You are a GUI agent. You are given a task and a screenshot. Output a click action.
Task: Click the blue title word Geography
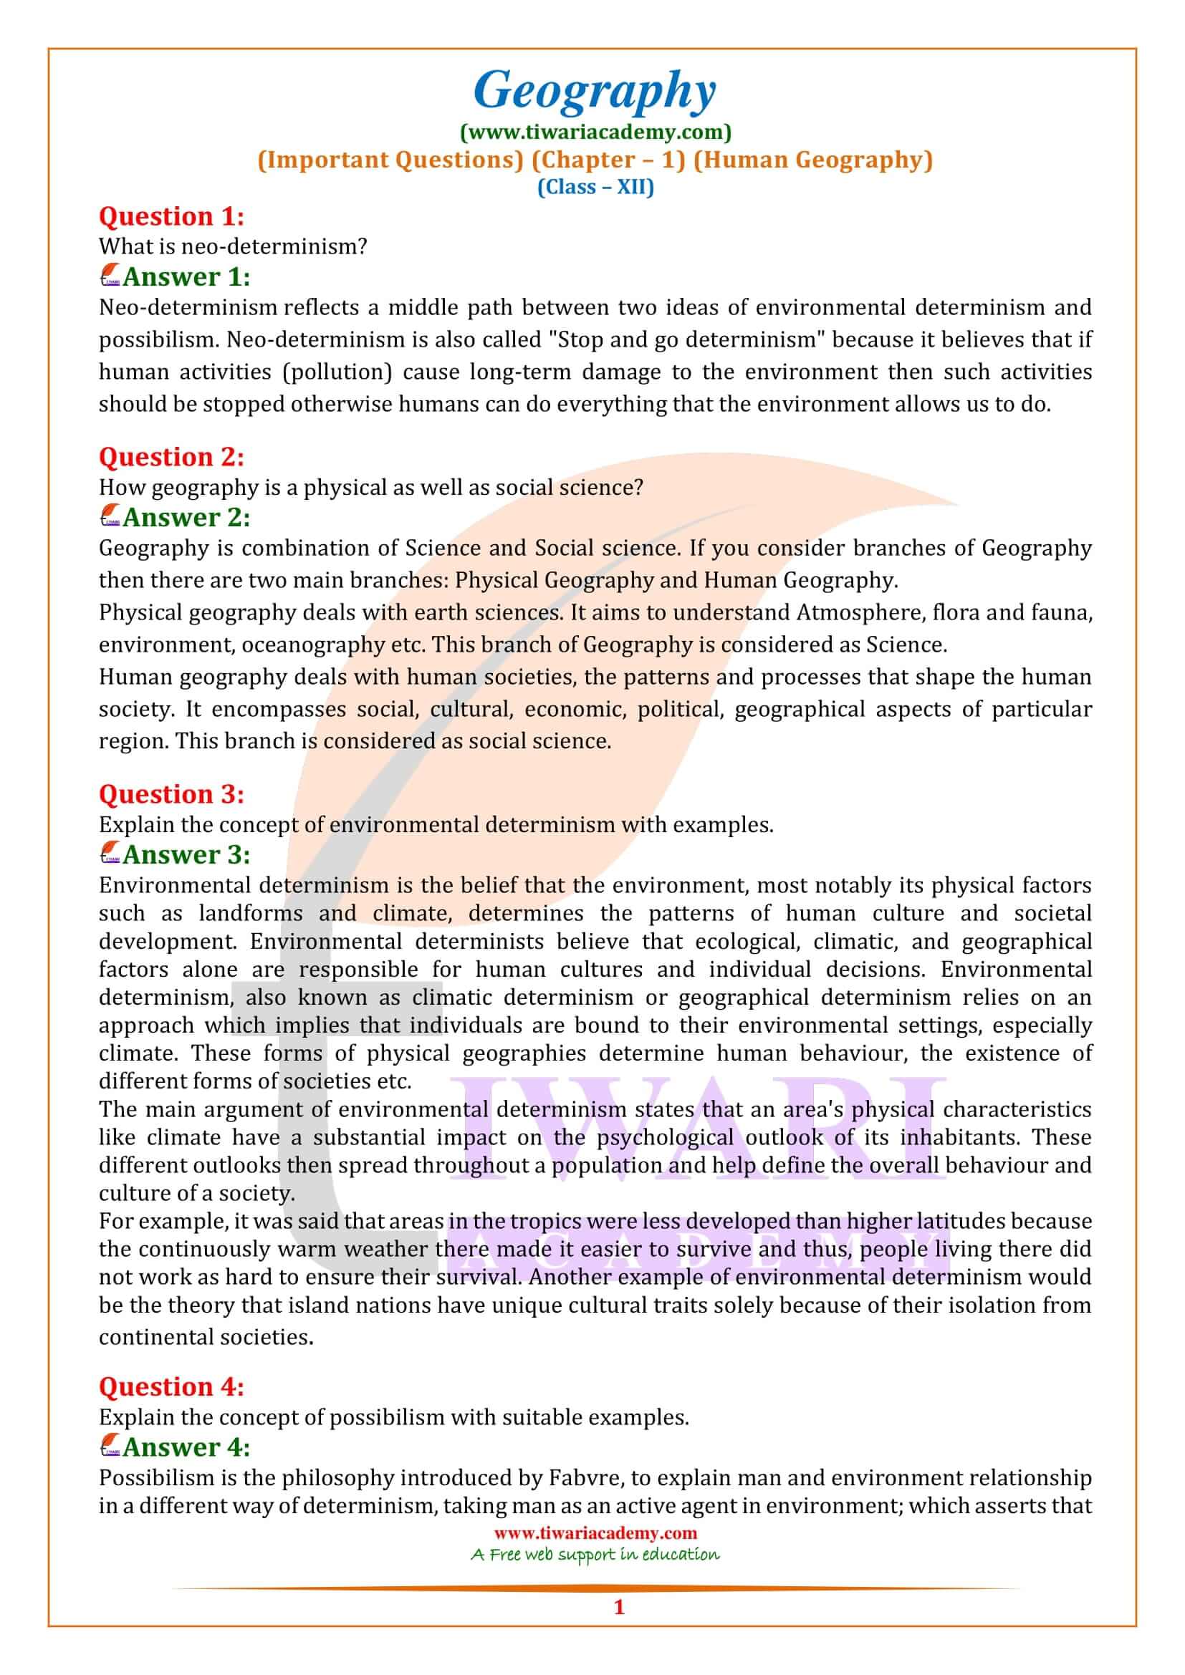[595, 92]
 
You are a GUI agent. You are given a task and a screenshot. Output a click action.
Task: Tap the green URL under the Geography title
[595, 132]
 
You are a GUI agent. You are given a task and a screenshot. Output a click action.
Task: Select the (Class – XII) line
[595, 187]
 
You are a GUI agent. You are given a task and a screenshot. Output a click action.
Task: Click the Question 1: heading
[171, 217]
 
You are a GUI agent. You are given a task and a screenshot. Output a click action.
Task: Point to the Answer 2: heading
[186, 517]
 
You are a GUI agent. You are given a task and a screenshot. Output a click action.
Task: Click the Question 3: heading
[171, 793]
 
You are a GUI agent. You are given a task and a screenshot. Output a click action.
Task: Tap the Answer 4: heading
[186, 1447]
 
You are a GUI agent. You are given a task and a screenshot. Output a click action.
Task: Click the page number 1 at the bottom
[619, 1628]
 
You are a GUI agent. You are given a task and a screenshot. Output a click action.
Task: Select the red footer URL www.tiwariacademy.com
[595, 1532]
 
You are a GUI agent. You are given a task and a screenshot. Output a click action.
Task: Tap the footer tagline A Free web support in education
[595, 1554]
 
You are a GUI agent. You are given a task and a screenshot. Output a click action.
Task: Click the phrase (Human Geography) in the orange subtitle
[812, 160]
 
